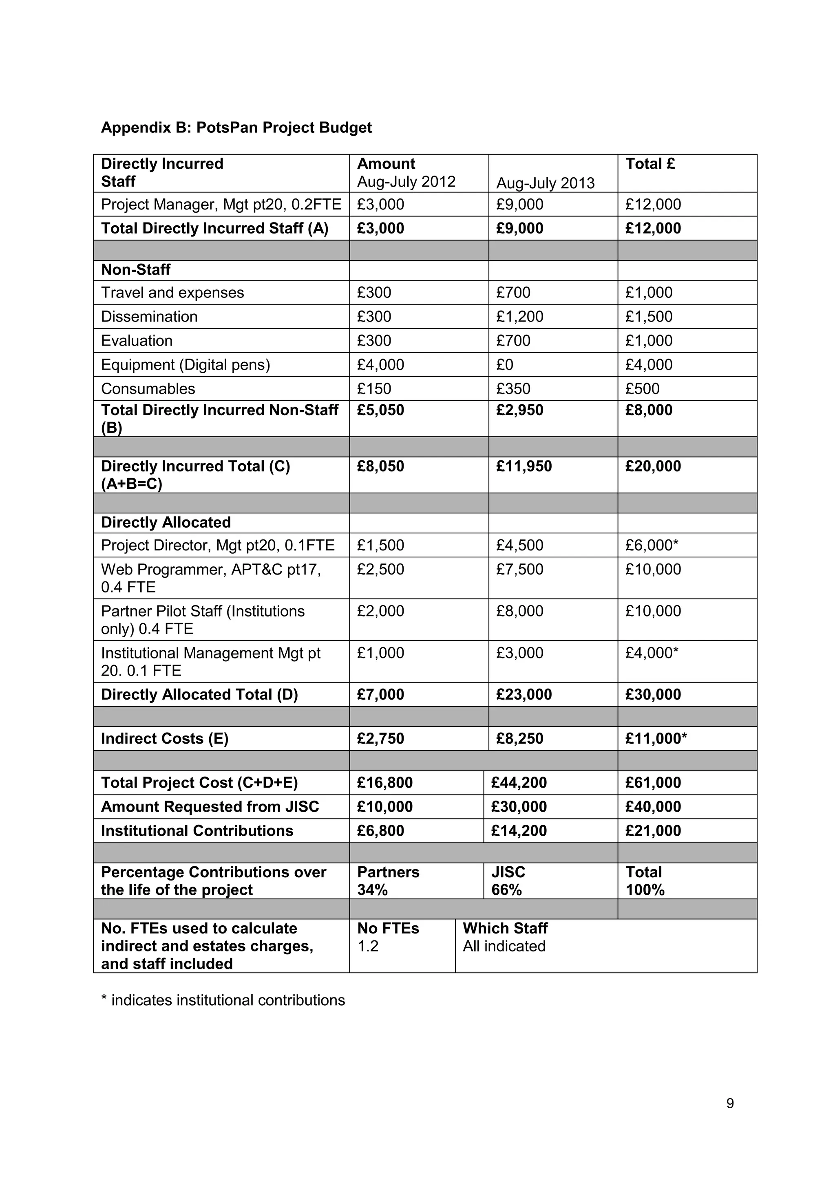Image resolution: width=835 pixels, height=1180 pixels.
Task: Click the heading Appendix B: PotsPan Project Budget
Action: point(236,128)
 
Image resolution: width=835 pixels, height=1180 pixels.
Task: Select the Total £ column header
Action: point(650,164)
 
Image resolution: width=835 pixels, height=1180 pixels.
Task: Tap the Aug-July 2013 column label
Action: point(545,183)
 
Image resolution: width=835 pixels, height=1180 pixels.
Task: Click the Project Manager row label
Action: point(221,205)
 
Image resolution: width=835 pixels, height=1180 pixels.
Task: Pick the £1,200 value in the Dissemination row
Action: point(519,317)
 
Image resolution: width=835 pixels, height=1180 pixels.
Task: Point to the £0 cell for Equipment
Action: point(504,365)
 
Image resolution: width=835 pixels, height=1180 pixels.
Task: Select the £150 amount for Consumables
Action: point(374,389)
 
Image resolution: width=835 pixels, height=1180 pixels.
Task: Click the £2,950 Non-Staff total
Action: point(519,410)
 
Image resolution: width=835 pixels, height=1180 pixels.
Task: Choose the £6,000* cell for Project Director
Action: point(652,545)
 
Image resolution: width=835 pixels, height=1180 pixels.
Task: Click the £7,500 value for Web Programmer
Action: point(519,570)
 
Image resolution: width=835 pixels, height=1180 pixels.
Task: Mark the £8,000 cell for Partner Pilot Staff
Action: point(519,611)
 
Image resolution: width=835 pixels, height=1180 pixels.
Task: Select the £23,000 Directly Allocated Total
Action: point(524,695)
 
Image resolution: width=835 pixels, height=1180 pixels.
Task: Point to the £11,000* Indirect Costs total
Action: point(656,739)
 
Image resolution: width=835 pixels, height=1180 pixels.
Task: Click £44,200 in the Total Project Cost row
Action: point(518,783)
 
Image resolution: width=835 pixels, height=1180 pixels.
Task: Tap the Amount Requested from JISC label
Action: point(210,807)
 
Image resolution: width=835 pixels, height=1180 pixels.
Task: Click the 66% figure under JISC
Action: point(506,890)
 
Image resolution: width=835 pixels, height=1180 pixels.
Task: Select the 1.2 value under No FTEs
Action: point(368,946)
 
